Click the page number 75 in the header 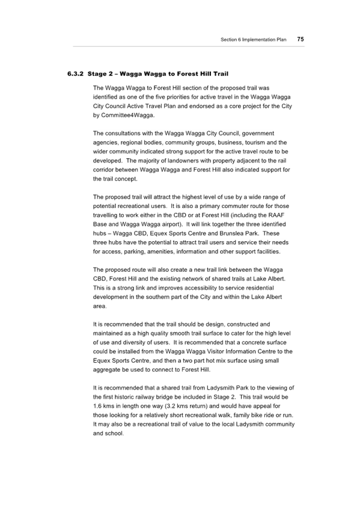(301, 39)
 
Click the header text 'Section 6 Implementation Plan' (254, 40)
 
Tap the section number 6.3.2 (76, 74)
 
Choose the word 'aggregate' (106, 370)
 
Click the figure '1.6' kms (97, 406)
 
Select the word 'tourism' (256, 143)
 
